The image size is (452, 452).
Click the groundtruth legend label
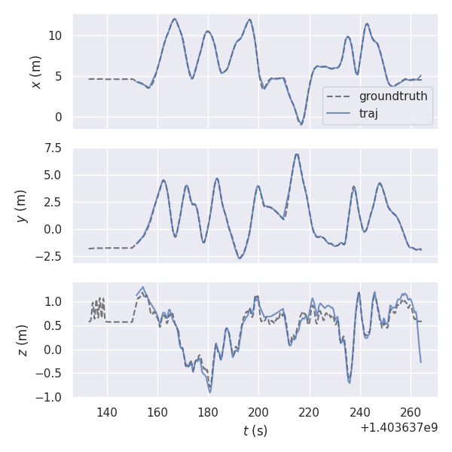[392, 96]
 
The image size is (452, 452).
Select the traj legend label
[368, 114]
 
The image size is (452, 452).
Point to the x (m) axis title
[35, 72]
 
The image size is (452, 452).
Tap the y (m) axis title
[22, 205]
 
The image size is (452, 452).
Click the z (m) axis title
[22, 340]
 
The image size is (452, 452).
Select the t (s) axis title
[255, 431]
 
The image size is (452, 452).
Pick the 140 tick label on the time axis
[107, 412]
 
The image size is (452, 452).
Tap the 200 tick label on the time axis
[258, 412]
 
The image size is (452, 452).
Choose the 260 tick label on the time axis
[411, 412]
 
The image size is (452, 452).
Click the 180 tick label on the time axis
[208, 412]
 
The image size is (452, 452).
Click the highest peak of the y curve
[297, 154]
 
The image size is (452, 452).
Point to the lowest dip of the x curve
[301, 124]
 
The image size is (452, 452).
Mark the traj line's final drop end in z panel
[421, 362]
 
